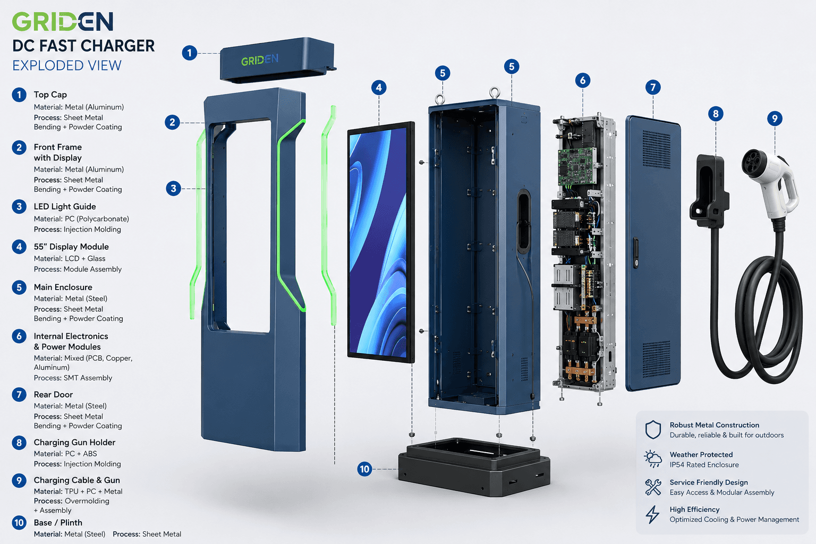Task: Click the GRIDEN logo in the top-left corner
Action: pyautogui.click(x=63, y=21)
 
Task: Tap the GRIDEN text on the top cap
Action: pyautogui.click(x=260, y=60)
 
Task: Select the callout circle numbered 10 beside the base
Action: pyautogui.click(x=364, y=469)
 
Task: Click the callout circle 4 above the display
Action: pyautogui.click(x=379, y=88)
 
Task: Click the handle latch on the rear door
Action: pyautogui.click(x=636, y=253)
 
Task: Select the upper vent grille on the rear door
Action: pyautogui.click(x=656, y=149)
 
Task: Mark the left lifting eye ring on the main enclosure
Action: pyautogui.click(x=440, y=99)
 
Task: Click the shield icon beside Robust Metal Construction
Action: pyautogui.click(x=653, y=430)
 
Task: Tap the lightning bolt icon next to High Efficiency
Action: pyautogui.click(x=652, y=514)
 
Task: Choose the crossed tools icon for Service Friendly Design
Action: pyautogui.click(x=653, y=487)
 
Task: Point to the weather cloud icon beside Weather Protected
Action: pyautogui.click(x=653, y=459)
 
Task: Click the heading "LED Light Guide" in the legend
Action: pyautogui.click(x=65, y=207)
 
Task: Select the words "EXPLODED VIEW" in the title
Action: pyautogui.click(x=67, y=65)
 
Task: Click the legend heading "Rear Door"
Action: pyautogui.click(x=53, y=394)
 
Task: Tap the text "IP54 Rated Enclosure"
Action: pyautogui.click(x=704, y=464)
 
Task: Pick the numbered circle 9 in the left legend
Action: pyautogui.click(x=19, y=481)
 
